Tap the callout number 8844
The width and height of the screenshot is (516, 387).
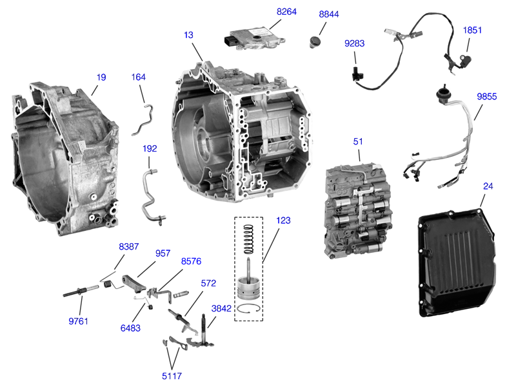330,14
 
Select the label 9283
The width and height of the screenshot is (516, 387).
355,45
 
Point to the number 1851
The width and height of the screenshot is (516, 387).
473,30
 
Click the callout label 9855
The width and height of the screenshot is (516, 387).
487,96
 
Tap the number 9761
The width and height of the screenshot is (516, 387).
79,321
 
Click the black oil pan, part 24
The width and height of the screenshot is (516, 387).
459,264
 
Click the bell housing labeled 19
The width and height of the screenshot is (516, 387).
64,158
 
